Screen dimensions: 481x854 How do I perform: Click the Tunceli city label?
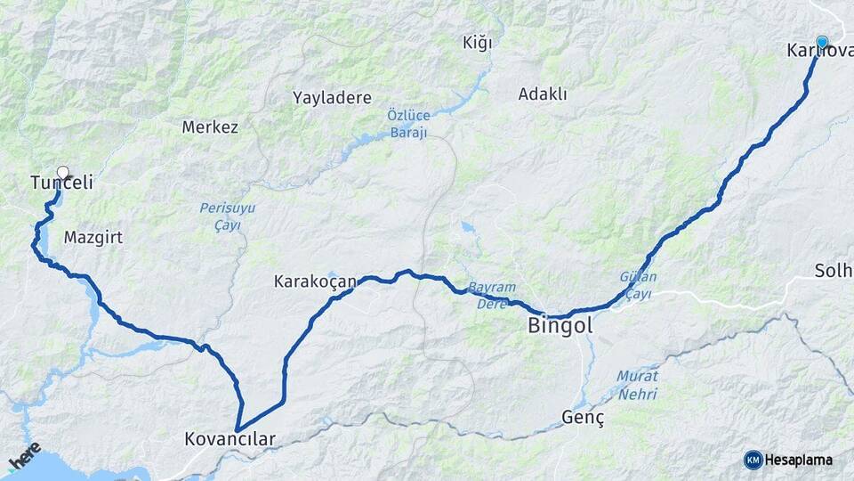coord(61,183)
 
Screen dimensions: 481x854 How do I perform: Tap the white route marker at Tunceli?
coord(63,172)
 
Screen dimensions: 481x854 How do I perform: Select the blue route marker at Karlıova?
coord(822,41)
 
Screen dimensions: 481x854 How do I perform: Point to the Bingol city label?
coord(560,325)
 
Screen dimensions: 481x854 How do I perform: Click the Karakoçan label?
coord(315,281)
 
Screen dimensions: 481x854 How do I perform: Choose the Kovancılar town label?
coord(230,439)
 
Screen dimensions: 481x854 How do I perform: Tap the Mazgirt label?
coord(93,238)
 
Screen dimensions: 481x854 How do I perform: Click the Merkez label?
coord(210,127)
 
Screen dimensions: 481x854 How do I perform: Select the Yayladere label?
coord(332,98)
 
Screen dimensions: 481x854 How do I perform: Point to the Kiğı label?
coord(477,43)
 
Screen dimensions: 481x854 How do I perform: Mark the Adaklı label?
coord(543,94)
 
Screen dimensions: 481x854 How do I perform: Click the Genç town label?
coord(584,418)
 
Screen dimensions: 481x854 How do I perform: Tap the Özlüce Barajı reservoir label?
coord(408,124)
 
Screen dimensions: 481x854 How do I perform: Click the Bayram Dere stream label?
coord(492,295)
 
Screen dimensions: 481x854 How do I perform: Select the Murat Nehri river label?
coord(638,384)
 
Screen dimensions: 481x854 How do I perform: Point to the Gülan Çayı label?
coord(638,285)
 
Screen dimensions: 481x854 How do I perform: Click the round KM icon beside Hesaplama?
coord(753,460)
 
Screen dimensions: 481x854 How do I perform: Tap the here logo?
coord(24,456)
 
